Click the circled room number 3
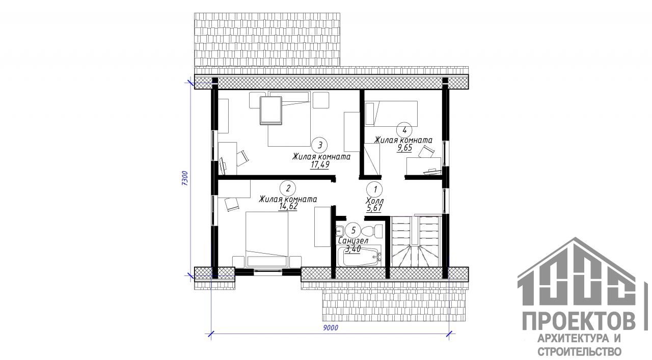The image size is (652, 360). click(x=319, y=145)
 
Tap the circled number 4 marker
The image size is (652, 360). click(x=404, y=130)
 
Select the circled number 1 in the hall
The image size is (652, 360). click(x=375, y=189)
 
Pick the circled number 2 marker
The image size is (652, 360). click(x=288, y=188)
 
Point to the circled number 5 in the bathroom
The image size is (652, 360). click(x=354, y=231)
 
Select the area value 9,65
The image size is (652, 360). click(x=404, y=148)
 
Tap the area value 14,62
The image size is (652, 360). click(x=288, y=206)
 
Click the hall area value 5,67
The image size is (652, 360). click(x=374, y=208)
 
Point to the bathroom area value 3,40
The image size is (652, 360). click(x=352, y=249)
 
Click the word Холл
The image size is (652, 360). click(x=374, y=201)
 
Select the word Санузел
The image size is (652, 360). click(x=353, y=241)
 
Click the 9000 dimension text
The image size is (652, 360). click(x=331, y=328)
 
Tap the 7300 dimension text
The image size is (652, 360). click(x=185, y=178)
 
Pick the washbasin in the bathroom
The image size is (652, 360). click(x=340, y=231)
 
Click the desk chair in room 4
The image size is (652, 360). click(x=426, y=152)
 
